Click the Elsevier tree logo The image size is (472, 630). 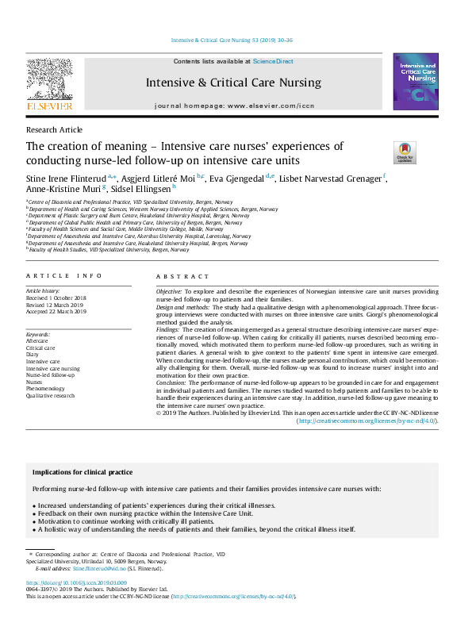[49, 82]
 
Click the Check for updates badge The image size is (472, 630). [405, 152]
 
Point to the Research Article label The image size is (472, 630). [54, 129]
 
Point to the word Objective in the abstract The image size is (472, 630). [168, 292]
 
